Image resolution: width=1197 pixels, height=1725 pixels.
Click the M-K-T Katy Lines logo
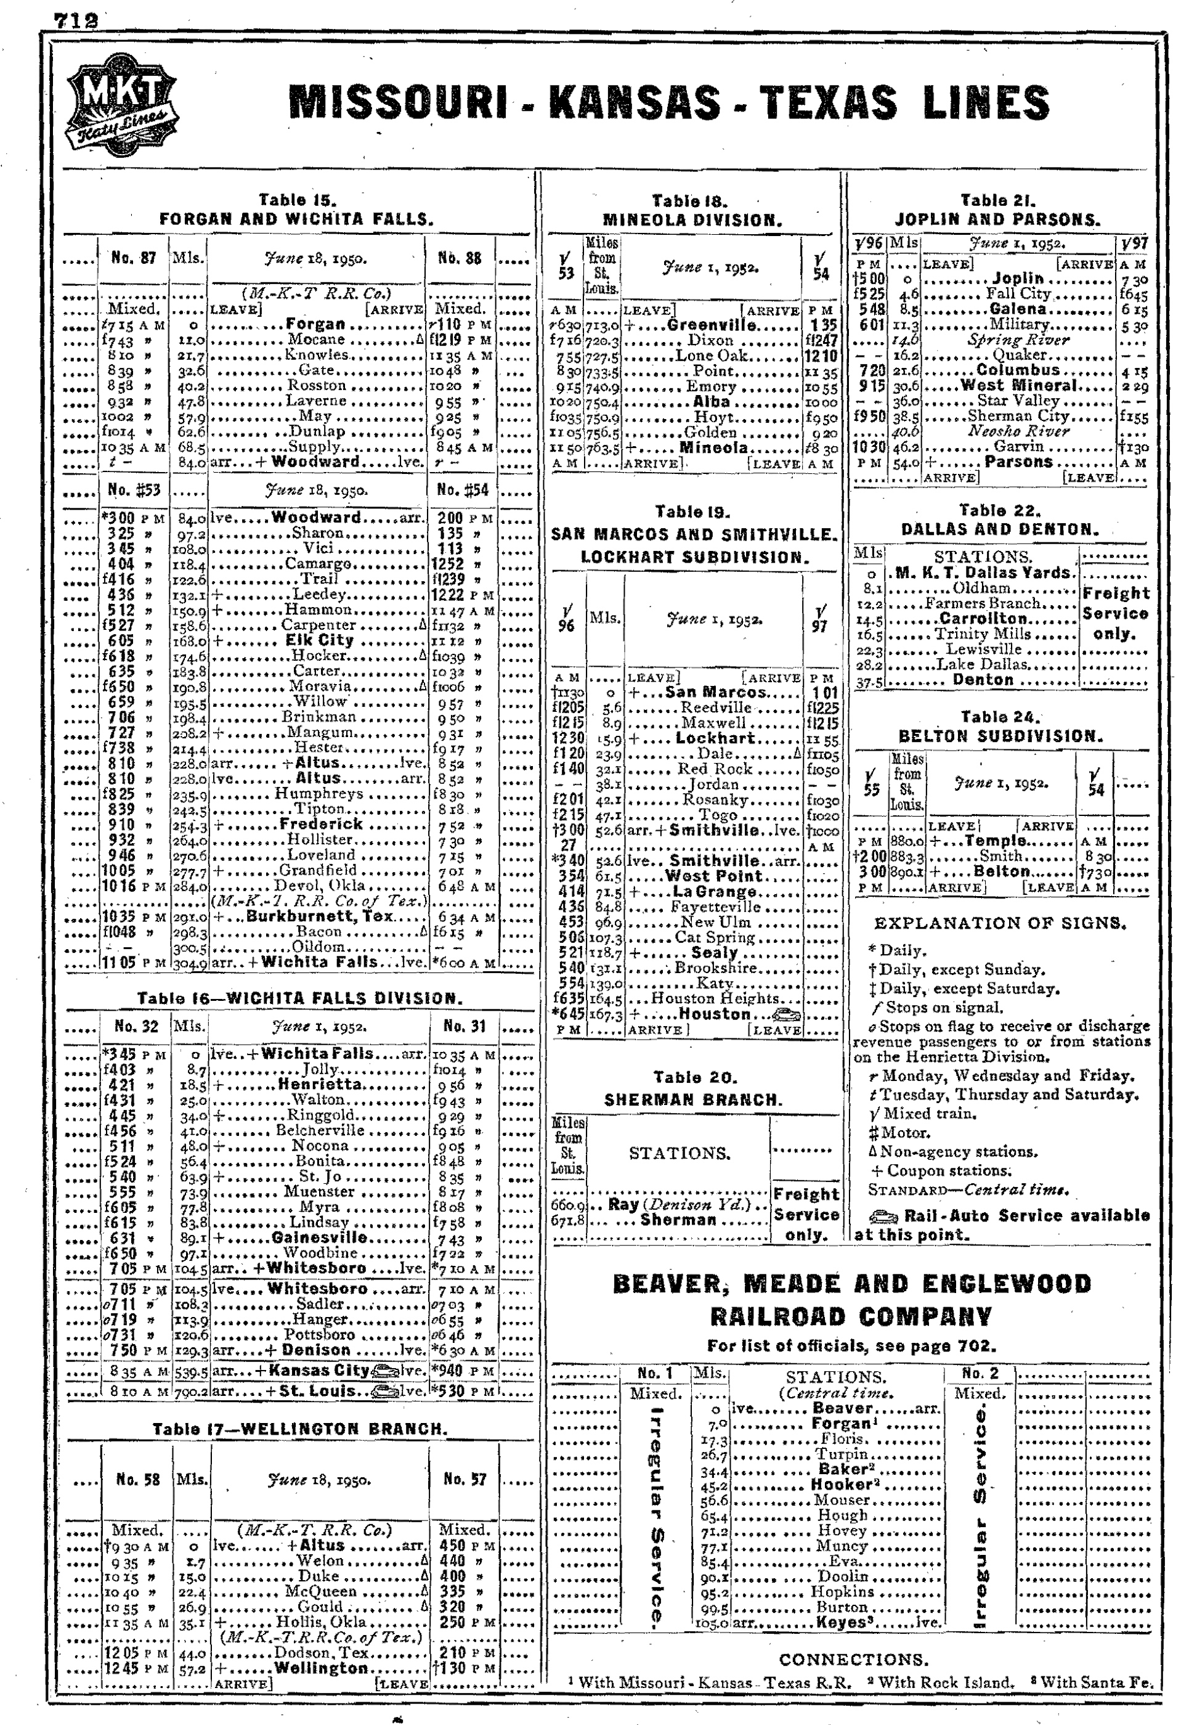pyautogui.click(x=122, y=105)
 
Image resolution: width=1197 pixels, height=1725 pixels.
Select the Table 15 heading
pyautogui.click(x=298, y=200)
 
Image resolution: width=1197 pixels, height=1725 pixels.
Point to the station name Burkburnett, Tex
pyautogui.click(x=314, y=916)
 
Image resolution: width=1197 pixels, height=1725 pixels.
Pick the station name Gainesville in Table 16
pyautogui.click(x=320, y=1238)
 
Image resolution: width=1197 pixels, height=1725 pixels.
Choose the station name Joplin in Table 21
pyautogui.click(x=1017, y=279)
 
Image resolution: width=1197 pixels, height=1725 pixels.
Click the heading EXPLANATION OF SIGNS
pyautogui.click(x=1000, y=923)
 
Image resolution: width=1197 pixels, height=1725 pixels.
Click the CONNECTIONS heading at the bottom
pyautogui.click(x=853, y=1659)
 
